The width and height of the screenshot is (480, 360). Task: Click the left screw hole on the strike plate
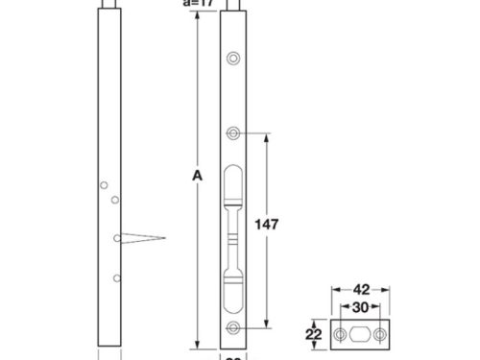tap(339, 333)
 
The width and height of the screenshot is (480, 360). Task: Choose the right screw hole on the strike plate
tap(380, 333)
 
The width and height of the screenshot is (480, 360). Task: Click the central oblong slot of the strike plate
tap(359, 333)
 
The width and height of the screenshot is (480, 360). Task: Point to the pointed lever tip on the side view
tap(164, 238)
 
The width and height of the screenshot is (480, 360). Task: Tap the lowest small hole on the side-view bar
tap(116, 277)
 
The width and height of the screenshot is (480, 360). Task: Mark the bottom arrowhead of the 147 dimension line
tap(266, 325)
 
